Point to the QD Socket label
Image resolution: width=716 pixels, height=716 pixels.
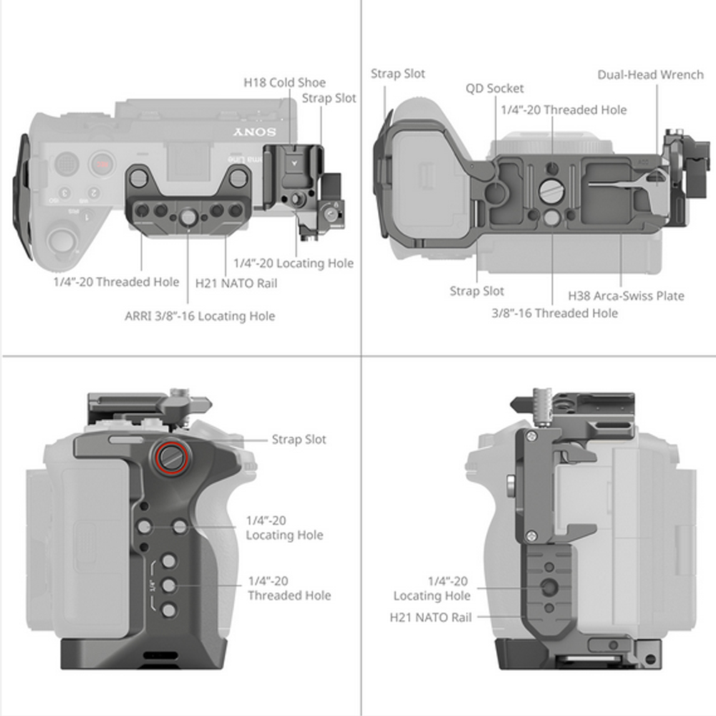coord(495,88)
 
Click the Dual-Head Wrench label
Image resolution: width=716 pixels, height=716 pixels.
coord(651,74)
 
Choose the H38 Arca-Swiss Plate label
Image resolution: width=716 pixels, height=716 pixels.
coord(626,296)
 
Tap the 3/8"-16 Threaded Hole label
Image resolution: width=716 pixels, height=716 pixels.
coord(554,313)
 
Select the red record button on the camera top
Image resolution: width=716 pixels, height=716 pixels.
coord(102,164)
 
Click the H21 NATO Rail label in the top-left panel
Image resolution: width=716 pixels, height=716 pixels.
coord(236,283)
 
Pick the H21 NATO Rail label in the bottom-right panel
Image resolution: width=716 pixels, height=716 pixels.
coord(431,616)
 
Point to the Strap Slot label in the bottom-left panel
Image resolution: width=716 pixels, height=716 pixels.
coord(299,439)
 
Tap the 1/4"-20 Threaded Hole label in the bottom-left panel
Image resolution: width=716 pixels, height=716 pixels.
coord(289,588)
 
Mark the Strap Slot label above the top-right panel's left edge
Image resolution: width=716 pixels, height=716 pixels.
coord(397,74)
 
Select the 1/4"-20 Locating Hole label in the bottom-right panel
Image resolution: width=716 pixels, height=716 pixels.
coord(432,589)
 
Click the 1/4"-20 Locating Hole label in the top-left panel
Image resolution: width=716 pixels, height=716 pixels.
coord(294,263)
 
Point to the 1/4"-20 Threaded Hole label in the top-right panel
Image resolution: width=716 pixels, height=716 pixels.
coord(563,110)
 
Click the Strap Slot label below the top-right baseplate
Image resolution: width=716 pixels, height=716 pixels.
coord(476,291)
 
